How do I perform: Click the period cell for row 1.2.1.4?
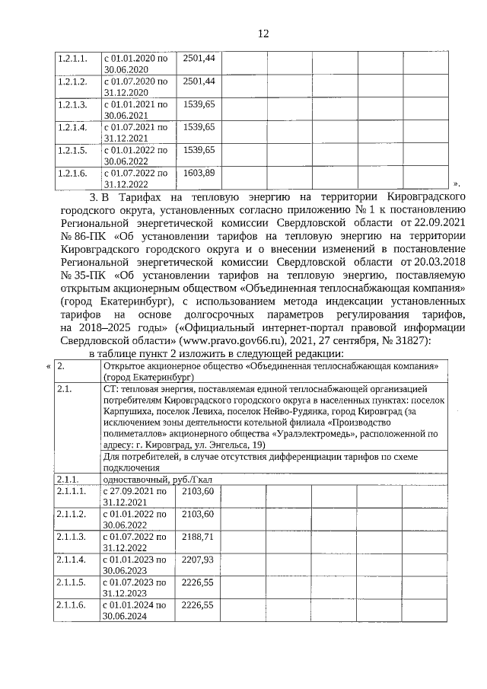(x=135, y=132)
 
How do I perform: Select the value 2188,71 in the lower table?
(x=199, y=537)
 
